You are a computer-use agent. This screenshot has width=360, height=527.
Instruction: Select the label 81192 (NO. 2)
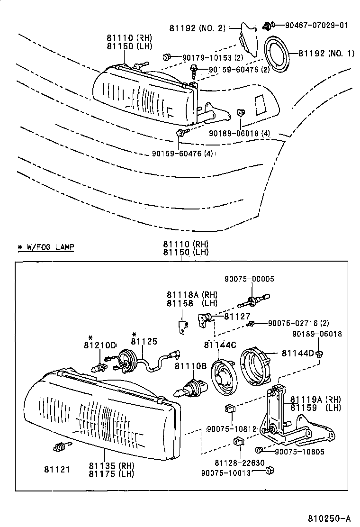[198, 28]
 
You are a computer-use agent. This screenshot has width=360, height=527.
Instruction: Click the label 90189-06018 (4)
[239, 134]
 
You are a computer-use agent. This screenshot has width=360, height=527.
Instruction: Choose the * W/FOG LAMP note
[45, 247]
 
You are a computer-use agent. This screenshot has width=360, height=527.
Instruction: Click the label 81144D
[298, 353]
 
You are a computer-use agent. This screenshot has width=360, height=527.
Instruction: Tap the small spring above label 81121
[60, 447]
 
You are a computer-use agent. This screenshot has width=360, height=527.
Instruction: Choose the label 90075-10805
[299, 452]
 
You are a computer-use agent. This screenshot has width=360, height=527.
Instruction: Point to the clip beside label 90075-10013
[271, 471]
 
